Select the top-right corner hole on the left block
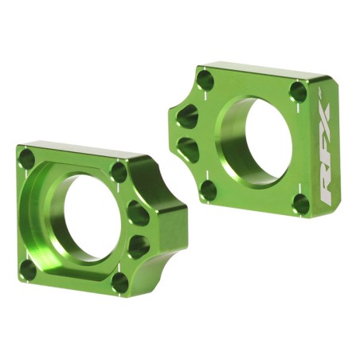tap(119, 172)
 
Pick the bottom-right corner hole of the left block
tap(120, 282)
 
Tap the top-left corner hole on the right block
tap(205, 80)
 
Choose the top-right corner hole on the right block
tap(298, 92)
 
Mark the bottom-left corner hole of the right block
tap(209, 190)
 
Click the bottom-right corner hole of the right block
tap(300, 204)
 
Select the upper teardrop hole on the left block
tap(139, 213)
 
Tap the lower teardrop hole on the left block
tap(139, 245)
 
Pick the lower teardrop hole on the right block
tap(188, 147)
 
